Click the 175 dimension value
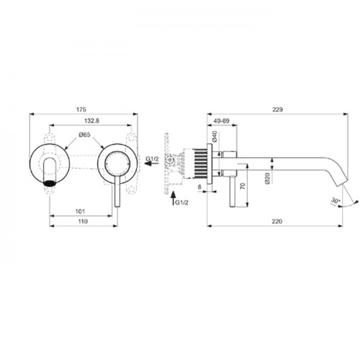(81, 109)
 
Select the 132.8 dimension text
(91, 121)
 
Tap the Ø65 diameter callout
(84, 135)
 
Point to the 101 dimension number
(80, 212)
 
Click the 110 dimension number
(83, 221)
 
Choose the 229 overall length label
(277, 109)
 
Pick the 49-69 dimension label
(221, 121)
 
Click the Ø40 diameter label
(215, 136)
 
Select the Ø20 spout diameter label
(268, 178)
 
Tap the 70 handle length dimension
(243, 186)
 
